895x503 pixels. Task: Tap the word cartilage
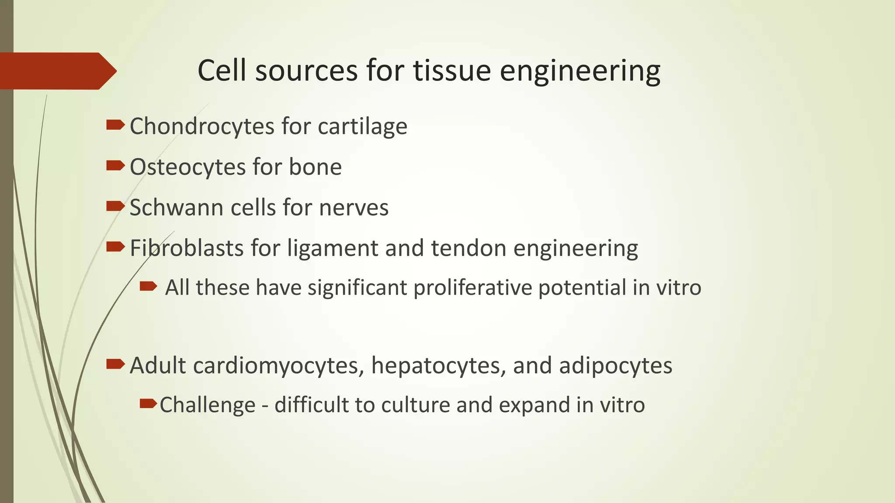(362, 127)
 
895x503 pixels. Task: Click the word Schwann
(177, 207)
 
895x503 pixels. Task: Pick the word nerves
(354, 207)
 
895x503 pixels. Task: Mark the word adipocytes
(615, 366)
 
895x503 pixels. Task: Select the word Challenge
(208, 405)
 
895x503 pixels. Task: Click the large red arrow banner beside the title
(57, 71)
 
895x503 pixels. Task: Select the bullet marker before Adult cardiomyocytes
(115, 364)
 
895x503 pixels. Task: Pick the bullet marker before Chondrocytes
(115, 125)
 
